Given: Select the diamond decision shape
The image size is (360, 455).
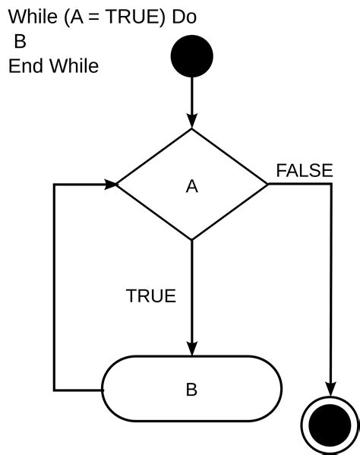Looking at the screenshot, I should click(191, 185).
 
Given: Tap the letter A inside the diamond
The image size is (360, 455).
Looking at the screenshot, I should click(191, 186).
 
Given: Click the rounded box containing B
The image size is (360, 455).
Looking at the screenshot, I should click(191, 390).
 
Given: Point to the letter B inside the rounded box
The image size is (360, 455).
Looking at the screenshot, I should click(191, 390).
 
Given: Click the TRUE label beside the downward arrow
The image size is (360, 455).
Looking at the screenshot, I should click(150, 296).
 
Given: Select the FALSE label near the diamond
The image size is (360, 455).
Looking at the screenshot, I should click(304, 171).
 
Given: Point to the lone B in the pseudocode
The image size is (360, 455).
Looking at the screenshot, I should click(20, 41).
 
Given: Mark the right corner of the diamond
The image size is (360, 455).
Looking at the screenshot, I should click(267, 185).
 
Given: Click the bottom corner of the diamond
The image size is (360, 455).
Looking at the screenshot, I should click(191, 240).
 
